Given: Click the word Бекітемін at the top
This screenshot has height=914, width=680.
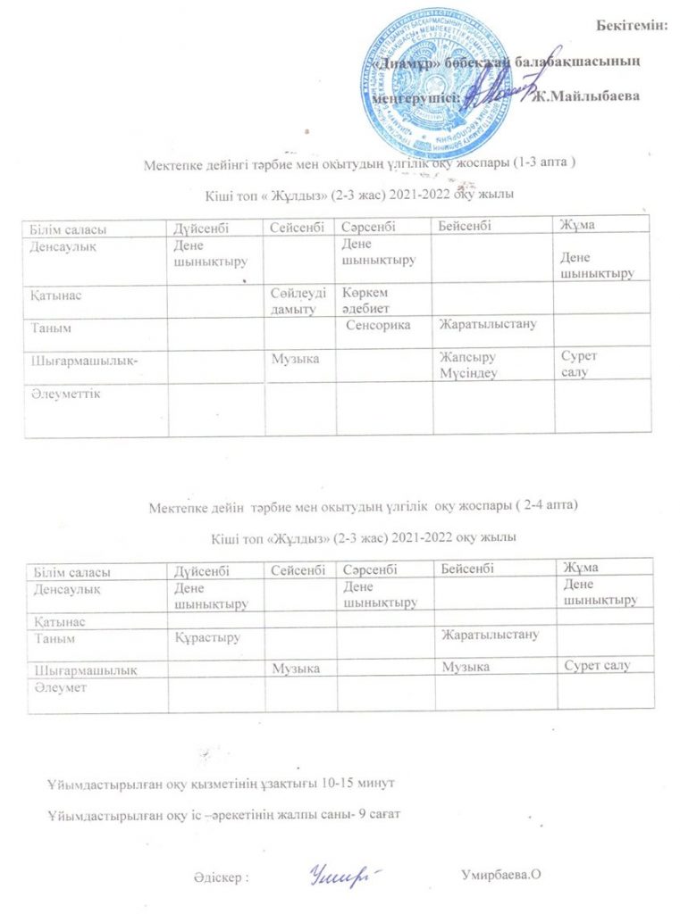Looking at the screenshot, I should tap(632, 24).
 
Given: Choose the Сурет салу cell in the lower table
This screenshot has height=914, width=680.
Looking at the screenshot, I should tap(599, 666).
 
